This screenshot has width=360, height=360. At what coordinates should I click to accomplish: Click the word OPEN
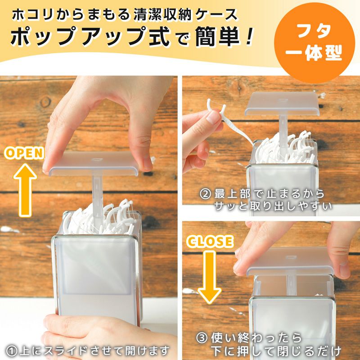click(24, 153)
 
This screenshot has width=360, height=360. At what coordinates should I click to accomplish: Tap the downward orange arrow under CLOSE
click(210, 275)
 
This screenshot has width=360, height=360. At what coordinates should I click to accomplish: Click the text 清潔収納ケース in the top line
click(185, 14)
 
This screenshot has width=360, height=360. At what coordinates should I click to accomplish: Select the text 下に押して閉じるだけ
click(274, 350)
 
